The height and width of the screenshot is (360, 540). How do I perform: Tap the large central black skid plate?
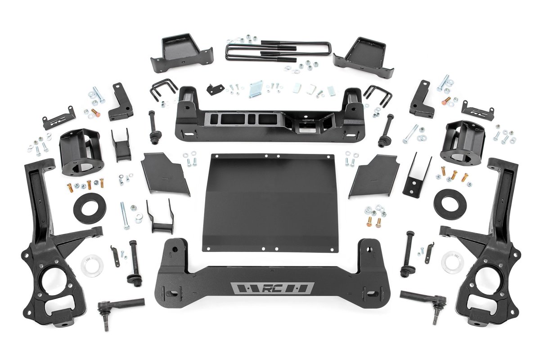[x=270, y=202]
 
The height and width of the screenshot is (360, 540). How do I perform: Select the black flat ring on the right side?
[x=450, y=203]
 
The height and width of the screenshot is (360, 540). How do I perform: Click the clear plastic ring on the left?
[x=92, y=265]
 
